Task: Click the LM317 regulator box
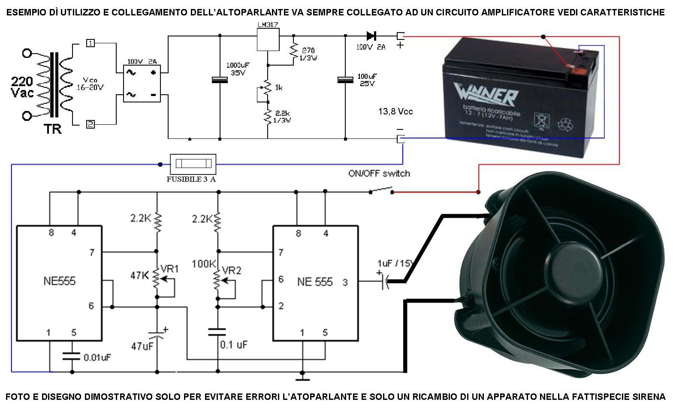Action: click(x=268, y=39)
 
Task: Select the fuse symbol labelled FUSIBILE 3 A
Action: click(x=193, y=164)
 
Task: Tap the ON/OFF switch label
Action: click(x=379, y=174)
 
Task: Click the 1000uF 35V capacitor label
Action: click(x=238, y=69)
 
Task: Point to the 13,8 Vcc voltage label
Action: click(x=395, y=112)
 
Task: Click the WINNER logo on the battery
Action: click(x=486, y=94)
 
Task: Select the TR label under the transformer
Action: click(x=52, y=129)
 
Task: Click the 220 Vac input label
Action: click(x=22, y=87)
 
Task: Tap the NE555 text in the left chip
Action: click(x=59, y=281)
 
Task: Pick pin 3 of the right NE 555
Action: click(x=345, y=282)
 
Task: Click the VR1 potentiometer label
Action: click(x=169, y=269)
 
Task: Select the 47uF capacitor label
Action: click(x=142, y=346)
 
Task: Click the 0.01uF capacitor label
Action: click(x=97, y=357)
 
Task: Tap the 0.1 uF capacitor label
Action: click(x=234, y=345)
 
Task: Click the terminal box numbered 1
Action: click(x=91, y=43)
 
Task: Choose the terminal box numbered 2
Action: click(x=91, y=124)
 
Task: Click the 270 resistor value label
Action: click(x=308, y=51)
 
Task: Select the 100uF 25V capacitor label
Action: click(x=367, y=80)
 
